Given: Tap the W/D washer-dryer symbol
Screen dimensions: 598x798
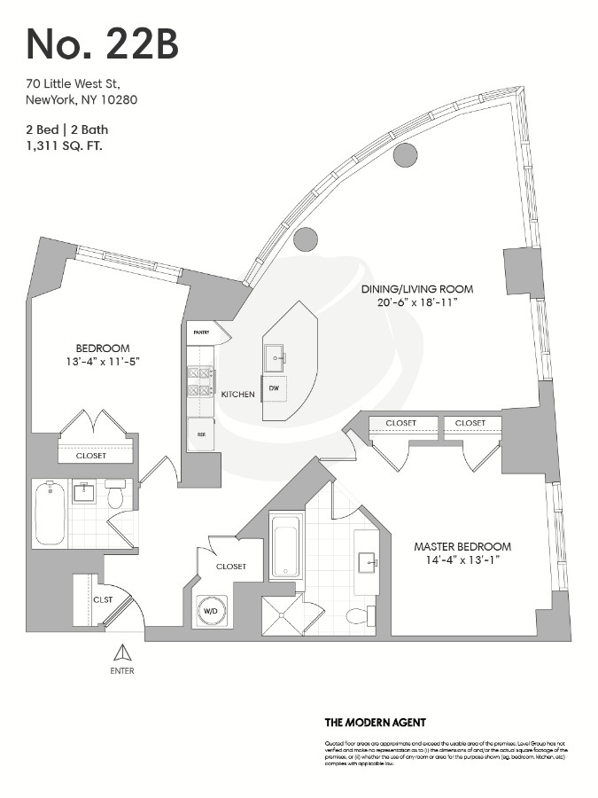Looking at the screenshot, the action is (211, 610).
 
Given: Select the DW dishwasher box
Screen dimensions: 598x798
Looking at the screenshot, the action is (274, 389).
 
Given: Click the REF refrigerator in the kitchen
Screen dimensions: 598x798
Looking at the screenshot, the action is (201, 435).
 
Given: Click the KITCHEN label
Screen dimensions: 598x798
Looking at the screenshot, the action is (238, 394).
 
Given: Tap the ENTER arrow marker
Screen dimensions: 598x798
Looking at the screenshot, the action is (121, 654).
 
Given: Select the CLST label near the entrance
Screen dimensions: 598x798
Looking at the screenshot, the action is (104, 599).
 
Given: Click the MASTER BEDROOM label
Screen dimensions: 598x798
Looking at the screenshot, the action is (462, 546).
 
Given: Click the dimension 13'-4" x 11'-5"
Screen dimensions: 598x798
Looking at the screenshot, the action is (102, 362).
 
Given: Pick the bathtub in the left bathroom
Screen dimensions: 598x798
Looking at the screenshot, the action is (50, 513).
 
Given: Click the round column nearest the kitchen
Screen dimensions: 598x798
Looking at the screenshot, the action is (305, 239).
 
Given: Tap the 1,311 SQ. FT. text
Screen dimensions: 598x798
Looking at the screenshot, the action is (65, 145).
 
